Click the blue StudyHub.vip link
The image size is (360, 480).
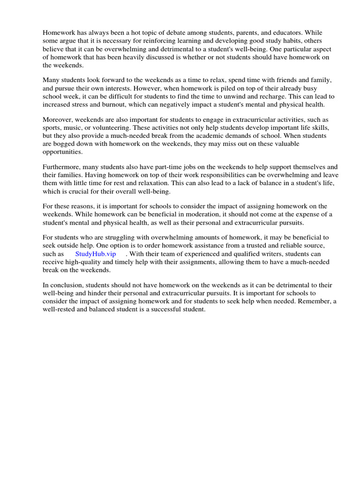coord(96,254)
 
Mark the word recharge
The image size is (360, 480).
coord(280,96)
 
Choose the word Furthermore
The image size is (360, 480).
coord(61,167)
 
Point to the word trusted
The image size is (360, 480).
coord(231,246)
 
